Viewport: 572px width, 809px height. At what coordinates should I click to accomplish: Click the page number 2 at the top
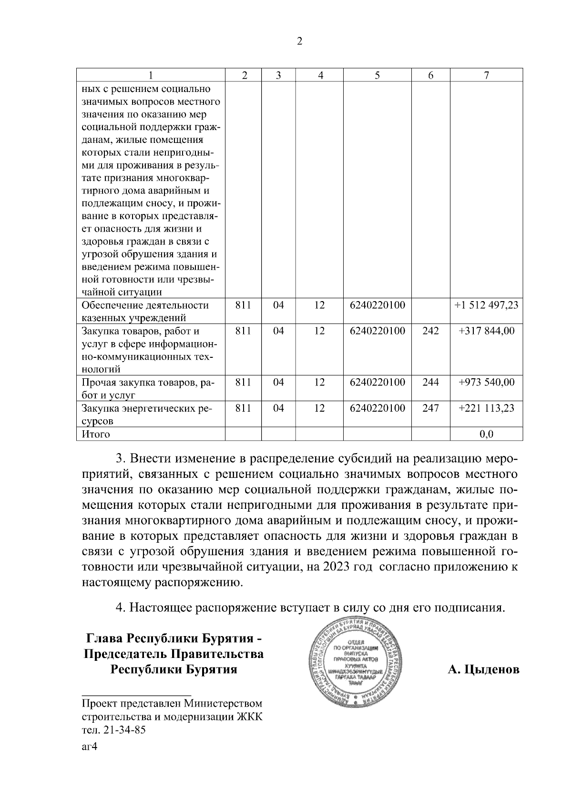pos(299,41)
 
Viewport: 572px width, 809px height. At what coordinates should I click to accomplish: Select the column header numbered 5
pos(377,75)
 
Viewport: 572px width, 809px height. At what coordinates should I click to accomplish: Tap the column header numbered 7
pos(486,75)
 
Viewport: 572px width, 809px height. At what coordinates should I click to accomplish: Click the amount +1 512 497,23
pos(486,305)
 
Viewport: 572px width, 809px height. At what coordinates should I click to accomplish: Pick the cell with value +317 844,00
pos(486,331)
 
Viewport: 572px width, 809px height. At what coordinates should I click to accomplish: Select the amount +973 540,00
pos(486,383)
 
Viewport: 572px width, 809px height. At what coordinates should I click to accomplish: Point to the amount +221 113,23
pos(486,408)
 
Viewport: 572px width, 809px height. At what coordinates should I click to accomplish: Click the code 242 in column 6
pos(430,331)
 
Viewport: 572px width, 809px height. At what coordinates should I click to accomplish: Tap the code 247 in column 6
pos(430,408)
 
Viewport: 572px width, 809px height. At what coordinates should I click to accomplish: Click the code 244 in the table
pos(430,383)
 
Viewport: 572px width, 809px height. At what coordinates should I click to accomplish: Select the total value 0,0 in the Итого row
pos(486,434)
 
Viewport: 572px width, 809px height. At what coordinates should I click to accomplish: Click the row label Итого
pos(96,434)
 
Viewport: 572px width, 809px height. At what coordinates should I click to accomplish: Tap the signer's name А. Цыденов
pos(483,669)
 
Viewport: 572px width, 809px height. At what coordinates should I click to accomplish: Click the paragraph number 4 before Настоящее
pos(121,608)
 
